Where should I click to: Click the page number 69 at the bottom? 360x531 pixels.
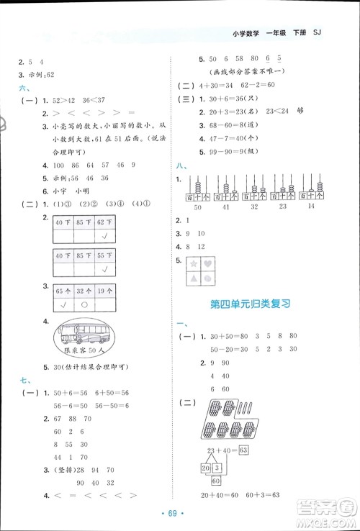[180, 512]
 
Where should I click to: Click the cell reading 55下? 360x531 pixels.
[104, 254]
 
